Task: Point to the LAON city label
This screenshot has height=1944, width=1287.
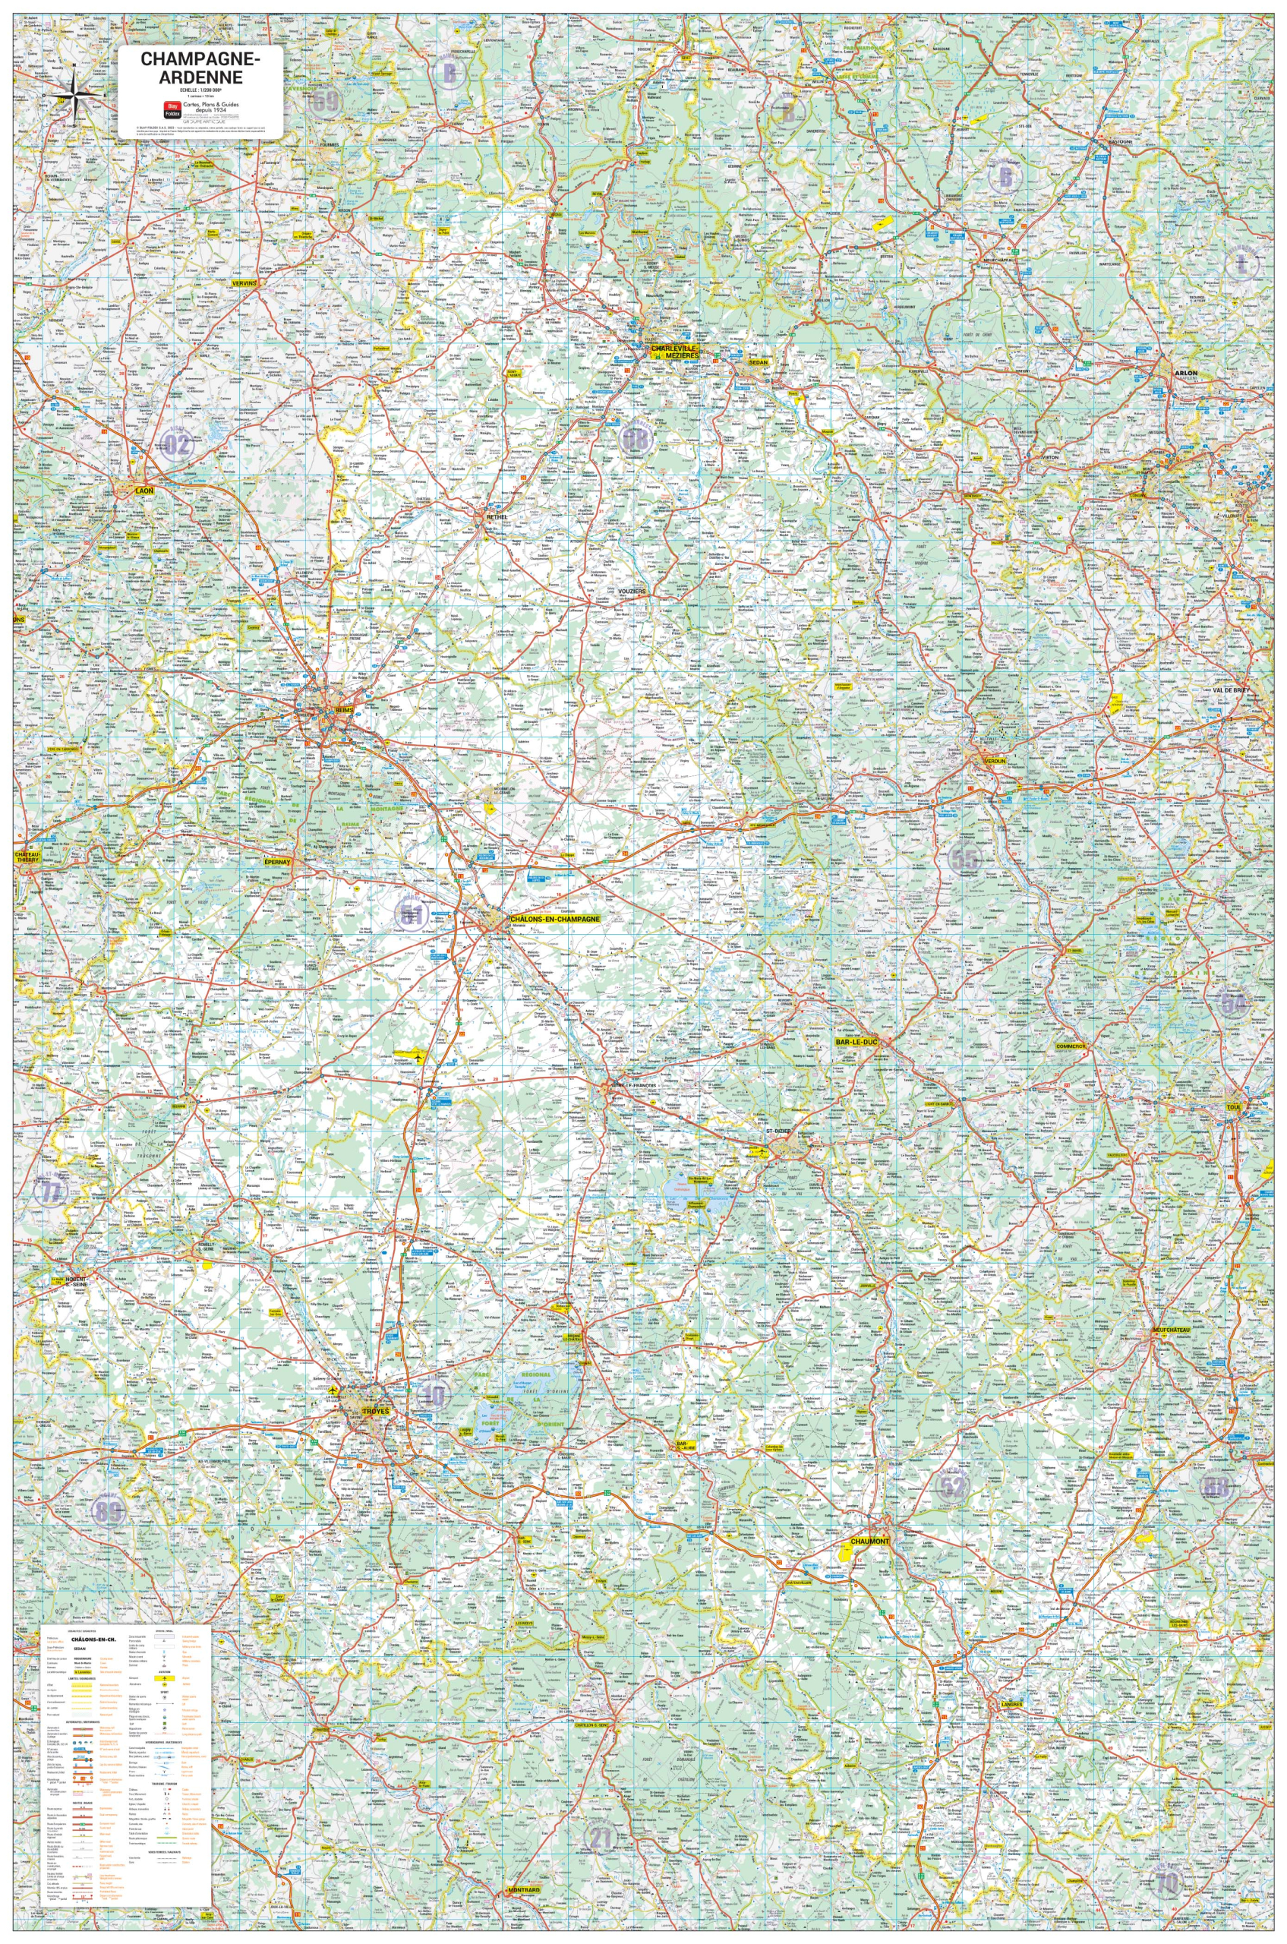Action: pos(144,491)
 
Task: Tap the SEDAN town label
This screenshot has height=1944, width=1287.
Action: pos(758,361)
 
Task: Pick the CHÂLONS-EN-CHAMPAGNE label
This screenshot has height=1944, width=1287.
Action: pos(555,920)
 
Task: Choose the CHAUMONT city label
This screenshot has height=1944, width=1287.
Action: pos(869,1542)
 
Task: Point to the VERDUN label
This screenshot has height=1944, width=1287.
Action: pos(995,761)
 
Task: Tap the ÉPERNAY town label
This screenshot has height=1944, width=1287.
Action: pos(278,863)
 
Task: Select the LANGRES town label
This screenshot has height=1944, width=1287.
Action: pos(1011,1704)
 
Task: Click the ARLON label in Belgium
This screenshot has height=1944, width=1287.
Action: pos(1186,373)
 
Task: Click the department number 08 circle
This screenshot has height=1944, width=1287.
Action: pos(636,440)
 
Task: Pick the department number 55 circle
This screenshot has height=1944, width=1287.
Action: pos(964,860)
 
